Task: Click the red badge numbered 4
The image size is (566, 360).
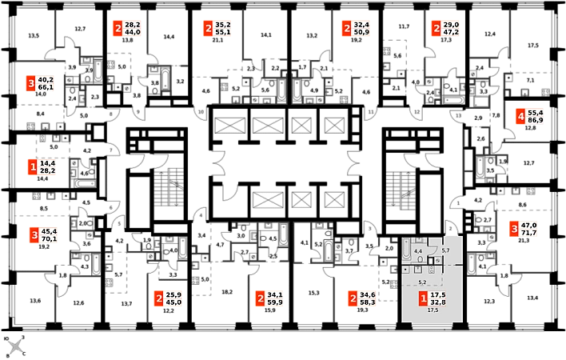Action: tap(520, 118)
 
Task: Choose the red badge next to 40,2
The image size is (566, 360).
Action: tap(31, 83)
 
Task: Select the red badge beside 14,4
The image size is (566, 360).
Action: tap(32, 167)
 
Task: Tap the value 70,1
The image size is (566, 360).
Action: tap(49, 238)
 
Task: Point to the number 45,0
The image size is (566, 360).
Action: tap(173, 302)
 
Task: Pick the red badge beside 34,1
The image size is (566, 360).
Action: tap(260, 298)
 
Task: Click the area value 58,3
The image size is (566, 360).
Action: tap(369, 302)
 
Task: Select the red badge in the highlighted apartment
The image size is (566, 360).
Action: tap(423, 299)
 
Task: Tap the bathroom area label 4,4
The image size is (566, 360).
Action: tap(417, 251)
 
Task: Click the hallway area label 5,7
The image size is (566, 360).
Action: tap(445, 251)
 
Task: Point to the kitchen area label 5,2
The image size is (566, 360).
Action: tap(422, 282)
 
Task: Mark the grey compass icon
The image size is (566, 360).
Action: tap(15, 346)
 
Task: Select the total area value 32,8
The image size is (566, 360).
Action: tap(438, 303)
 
